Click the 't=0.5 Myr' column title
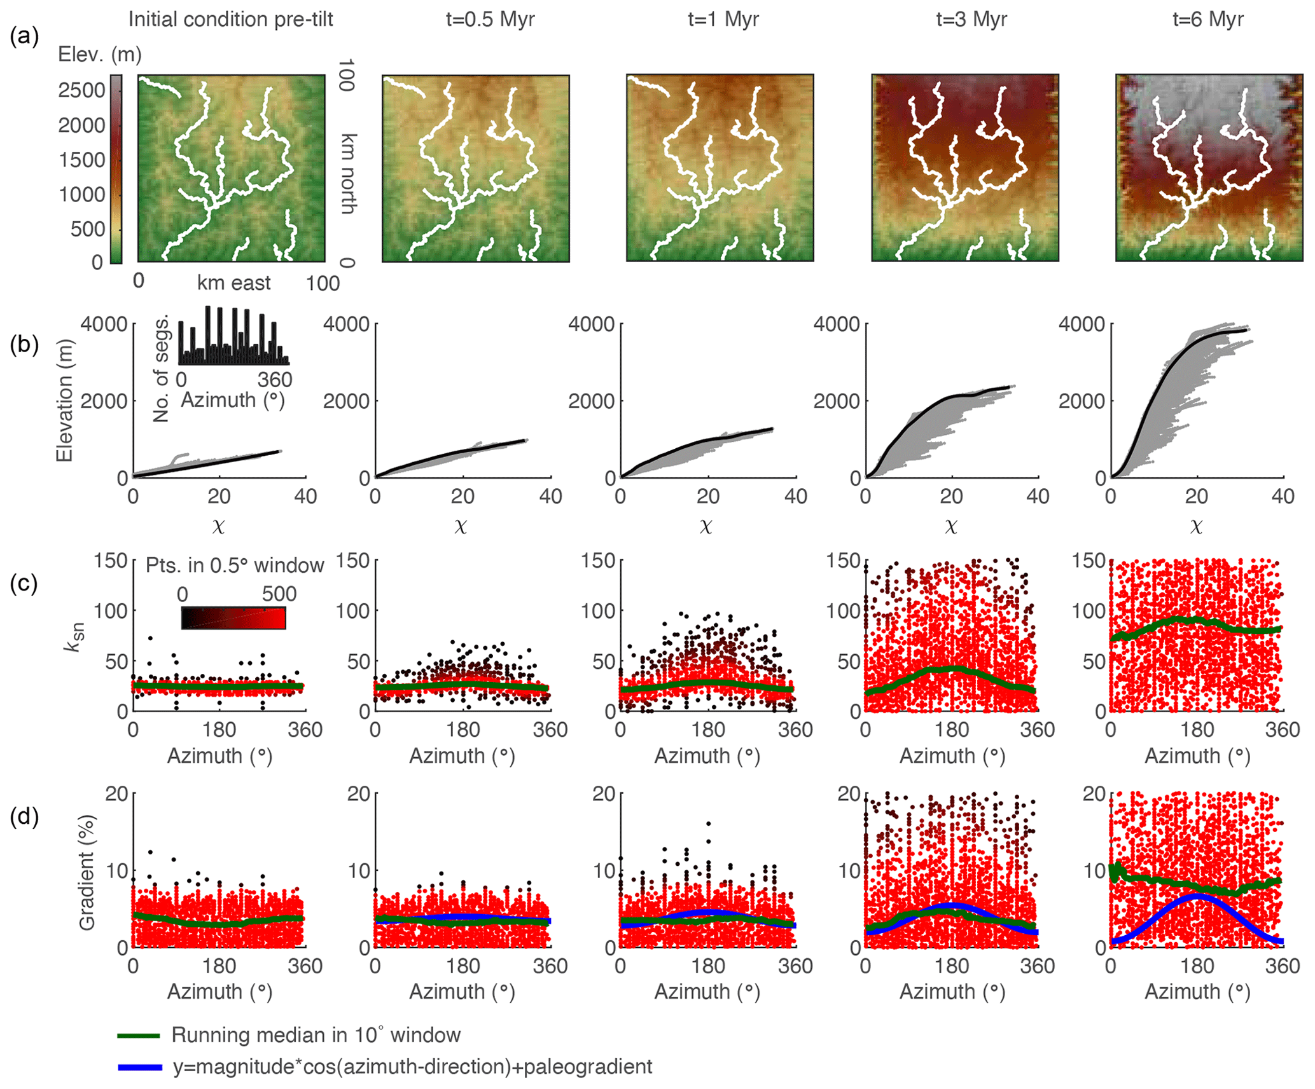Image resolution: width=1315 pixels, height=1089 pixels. [x=490, y=19]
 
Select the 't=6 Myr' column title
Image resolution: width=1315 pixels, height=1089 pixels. [x=1207, y=19]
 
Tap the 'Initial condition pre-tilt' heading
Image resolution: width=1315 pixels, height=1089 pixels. [x=230, y=19]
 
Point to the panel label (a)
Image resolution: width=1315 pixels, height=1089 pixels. [x=24, y=37]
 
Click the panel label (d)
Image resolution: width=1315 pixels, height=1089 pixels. [x=24, y=816]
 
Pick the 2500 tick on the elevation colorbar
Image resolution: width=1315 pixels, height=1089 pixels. [x=81, y=90]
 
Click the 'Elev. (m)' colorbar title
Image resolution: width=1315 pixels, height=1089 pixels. [x=100, y=55]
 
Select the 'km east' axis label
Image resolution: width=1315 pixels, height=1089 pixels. [x=233, y=283]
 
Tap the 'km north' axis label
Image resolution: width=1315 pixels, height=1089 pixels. [x=349, y=173]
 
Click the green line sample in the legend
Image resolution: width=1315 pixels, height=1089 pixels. [x=138, y=1036]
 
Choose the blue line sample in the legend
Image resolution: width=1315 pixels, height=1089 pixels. [x=140, y=1067]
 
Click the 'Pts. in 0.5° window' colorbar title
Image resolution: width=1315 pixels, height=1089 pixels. [x=235, y=565]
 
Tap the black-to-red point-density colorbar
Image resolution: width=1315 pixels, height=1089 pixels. [x=233, y=618]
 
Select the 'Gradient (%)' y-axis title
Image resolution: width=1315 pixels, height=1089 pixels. [x=87, y=872]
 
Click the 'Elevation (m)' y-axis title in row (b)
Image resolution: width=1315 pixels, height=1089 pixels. [x=64, y=401]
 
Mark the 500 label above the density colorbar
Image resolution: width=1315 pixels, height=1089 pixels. [x=279, y=594]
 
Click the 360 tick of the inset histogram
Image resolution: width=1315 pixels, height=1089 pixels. [x=275, y=380]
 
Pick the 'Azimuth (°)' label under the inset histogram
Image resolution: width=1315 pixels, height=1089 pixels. [x=233, y=400]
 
